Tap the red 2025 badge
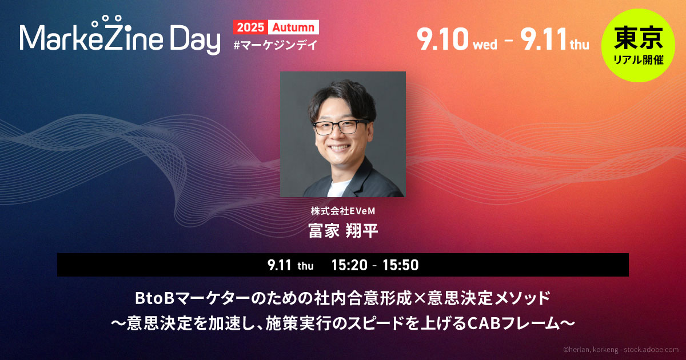coord(250,27)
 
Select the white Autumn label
coord(293,27)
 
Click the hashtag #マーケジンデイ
coord(276,45)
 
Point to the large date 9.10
coord(443,39)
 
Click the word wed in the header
coord(485,45)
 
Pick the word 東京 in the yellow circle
coord(638,38)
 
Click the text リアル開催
coord(639,59)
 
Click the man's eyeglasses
coord(341,127)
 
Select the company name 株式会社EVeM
coord(343,211)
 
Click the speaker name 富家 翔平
coord(343,231)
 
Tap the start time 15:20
coord(349,265)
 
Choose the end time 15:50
coord(401,265)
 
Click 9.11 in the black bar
coord(279,265)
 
